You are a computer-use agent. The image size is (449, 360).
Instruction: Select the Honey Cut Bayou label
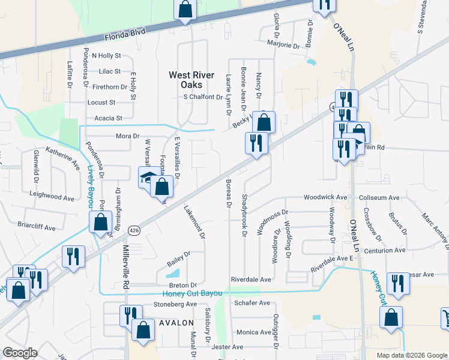(193, 293)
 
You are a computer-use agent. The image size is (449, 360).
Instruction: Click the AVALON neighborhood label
(175, 322)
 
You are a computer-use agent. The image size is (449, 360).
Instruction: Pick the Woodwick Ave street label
(325, 197)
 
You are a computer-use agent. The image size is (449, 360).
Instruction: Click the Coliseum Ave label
(379, 197)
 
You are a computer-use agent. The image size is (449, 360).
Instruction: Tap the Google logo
(20, 353)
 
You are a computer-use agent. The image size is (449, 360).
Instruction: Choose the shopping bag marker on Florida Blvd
(185, 10)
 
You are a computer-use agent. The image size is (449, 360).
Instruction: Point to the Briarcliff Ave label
(36, 228)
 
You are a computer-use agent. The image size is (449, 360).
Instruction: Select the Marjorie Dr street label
(283, 45)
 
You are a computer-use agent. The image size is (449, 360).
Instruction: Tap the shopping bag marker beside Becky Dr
(264, 122)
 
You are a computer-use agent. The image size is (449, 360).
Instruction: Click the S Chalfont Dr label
(203, 97)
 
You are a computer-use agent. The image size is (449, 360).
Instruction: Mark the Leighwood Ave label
(52, 197)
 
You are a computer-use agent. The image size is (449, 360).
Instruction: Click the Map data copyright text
(411, 355)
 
